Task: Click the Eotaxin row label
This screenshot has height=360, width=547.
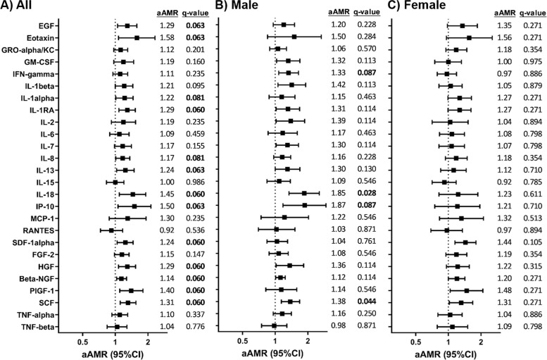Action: (40, 38)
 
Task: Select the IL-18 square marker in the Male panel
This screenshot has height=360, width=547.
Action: (304, 193)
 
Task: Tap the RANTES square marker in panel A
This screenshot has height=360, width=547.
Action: (111, 230)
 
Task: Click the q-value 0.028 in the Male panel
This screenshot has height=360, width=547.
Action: (367, 193)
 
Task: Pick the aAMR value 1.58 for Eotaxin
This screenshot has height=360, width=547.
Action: (167, 37)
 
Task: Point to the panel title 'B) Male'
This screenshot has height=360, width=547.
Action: (237, 5)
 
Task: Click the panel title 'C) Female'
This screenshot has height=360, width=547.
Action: (417, 5)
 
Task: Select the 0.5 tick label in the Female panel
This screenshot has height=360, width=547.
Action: (415, 340)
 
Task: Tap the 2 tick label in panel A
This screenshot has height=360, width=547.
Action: (148, 340)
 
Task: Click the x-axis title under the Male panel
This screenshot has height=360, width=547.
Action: (272, 354)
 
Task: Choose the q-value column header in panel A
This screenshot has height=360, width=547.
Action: (196, 13)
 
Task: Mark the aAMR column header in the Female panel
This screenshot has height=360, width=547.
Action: (505, 13)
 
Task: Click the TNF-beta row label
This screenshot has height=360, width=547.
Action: (38, 327)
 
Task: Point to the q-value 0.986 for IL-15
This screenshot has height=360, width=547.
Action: (196, 182)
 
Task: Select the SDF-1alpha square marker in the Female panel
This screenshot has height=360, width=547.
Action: (465, 242)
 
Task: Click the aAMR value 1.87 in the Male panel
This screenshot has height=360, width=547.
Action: (339, 205)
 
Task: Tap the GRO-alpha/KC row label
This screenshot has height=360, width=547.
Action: (28, 50)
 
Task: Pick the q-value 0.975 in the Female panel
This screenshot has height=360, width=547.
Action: (533, 61)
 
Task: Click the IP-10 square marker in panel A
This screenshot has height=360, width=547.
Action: (134, 206)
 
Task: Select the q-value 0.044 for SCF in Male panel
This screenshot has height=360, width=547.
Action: (367, 302)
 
